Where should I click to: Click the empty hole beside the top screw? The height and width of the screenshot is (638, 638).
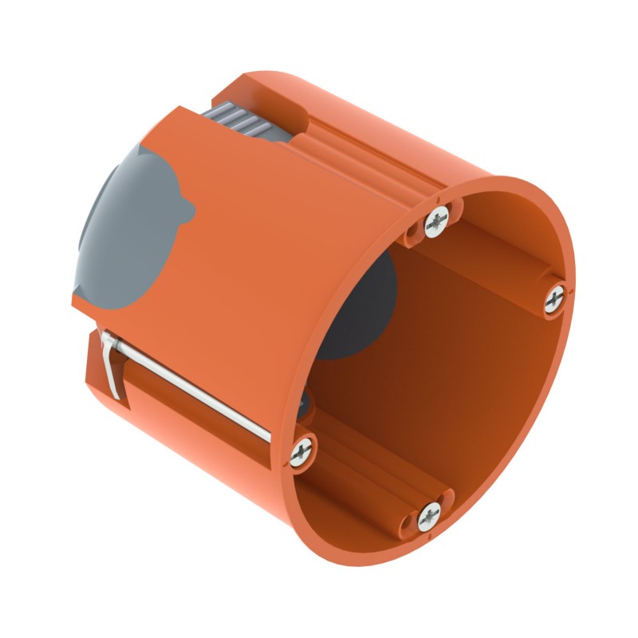click(414, 231)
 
